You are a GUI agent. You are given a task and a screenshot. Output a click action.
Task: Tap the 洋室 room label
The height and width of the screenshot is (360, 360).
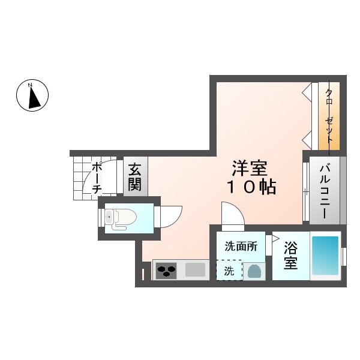250,168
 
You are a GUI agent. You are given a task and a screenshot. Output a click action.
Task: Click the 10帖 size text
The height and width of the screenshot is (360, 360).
251,187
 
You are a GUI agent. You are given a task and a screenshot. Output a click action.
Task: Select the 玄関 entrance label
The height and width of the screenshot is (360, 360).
134,177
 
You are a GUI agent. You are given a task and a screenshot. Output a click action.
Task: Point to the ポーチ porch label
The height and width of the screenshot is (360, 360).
97,178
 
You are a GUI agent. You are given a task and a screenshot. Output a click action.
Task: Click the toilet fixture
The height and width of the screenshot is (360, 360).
121,218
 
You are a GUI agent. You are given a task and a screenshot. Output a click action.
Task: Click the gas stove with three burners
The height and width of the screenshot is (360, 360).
166,271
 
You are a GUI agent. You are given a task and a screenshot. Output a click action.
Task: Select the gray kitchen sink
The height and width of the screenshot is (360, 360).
195,270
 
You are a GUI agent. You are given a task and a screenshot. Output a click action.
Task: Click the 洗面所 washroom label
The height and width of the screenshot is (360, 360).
241,247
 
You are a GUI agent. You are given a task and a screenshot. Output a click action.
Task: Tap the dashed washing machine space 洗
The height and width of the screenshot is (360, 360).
229,270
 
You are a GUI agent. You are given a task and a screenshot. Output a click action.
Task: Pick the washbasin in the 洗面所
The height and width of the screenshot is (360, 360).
254,271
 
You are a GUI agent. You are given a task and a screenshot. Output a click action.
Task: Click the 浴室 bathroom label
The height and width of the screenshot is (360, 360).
290,256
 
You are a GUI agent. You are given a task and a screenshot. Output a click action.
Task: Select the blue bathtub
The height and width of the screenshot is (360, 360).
325,256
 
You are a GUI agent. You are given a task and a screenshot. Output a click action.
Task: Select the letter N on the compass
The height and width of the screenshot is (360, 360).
30,85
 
